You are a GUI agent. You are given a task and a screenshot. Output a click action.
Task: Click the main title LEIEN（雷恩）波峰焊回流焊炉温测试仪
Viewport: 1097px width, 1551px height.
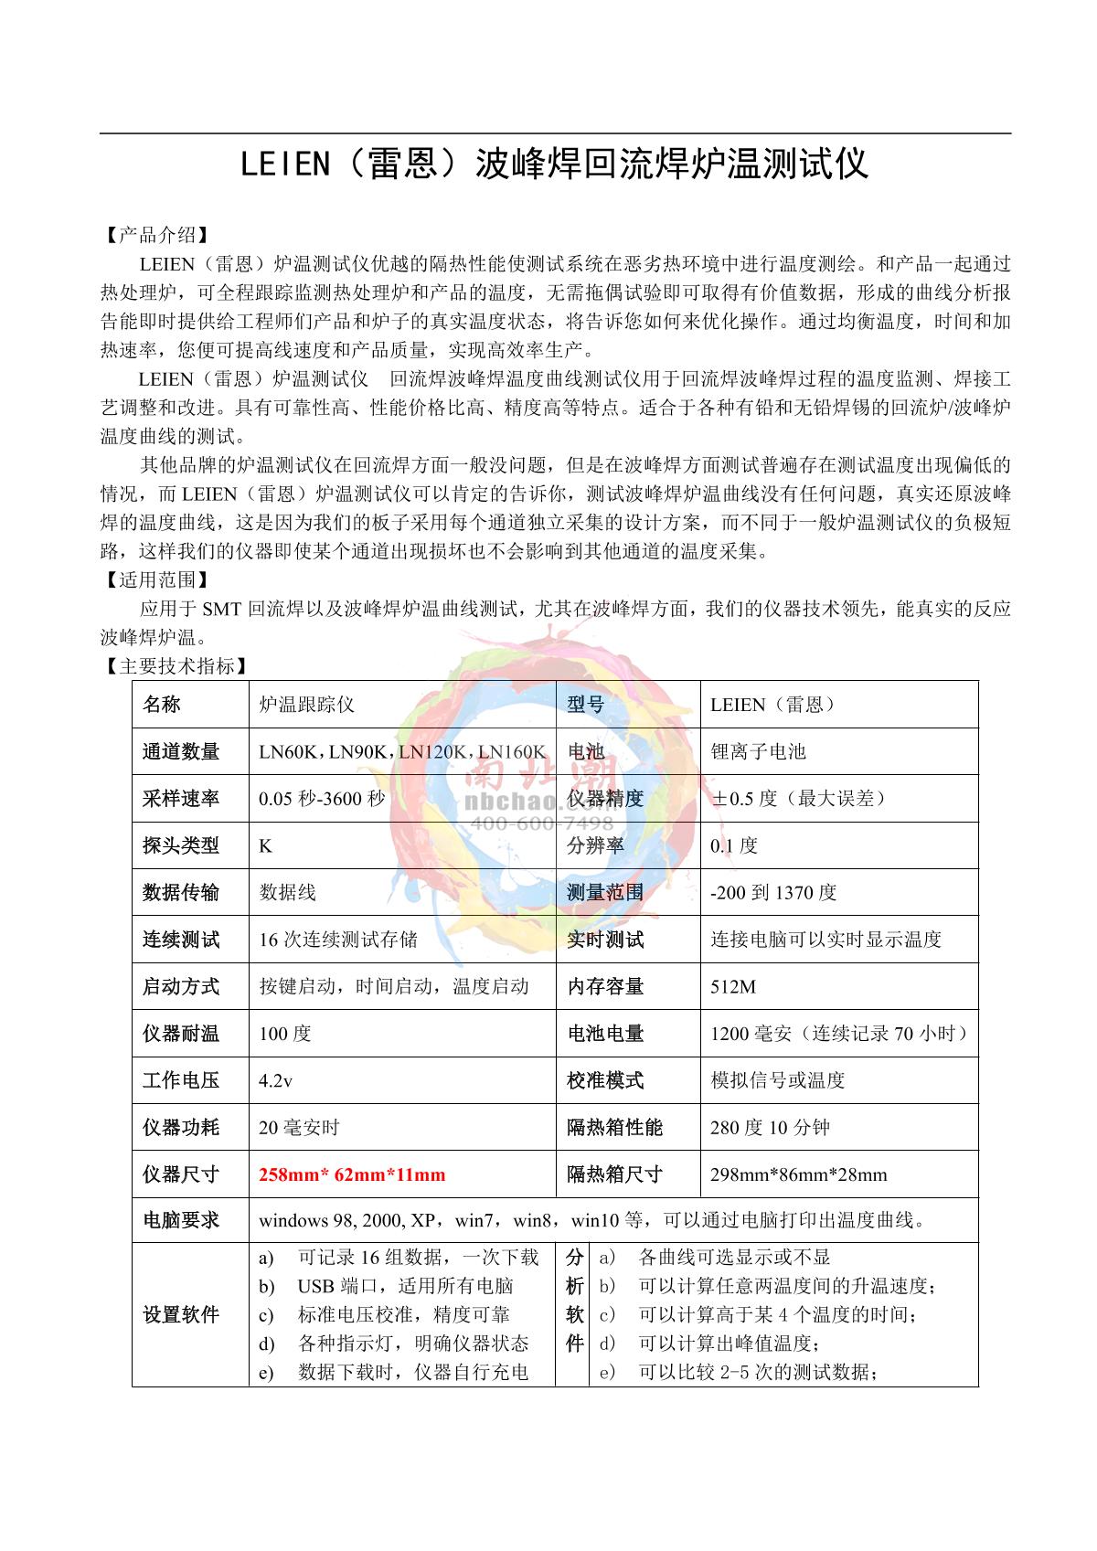click(554, 165)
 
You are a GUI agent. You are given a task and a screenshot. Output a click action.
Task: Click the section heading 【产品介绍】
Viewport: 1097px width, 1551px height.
click(157, 235)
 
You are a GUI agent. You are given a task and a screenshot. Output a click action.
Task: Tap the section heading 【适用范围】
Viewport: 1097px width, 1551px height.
click(157, 579)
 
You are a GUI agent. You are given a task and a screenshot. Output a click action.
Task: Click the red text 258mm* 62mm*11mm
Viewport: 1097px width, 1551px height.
click(352, 1174)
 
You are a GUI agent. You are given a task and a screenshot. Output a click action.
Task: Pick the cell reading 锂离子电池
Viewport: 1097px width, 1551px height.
click(758, 752)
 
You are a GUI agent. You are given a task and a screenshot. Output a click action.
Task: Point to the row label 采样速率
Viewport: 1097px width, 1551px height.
click(181, 799)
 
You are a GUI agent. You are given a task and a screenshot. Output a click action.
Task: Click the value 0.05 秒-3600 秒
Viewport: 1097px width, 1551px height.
click(322, 799)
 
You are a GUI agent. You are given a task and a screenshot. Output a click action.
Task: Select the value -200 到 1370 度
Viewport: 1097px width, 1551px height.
click(773, 893)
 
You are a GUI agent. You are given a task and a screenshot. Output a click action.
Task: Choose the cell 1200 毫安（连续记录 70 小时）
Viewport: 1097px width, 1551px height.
click(839, 1034)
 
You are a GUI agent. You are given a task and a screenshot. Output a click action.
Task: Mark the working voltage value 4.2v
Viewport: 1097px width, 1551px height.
click(275, 1080)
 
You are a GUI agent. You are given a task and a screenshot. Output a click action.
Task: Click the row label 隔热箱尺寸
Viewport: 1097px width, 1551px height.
click(614, 1174)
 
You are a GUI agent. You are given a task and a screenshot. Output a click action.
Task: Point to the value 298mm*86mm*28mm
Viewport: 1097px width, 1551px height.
click(798, 1174)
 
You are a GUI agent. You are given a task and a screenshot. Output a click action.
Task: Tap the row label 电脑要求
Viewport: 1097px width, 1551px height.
click(181, 1220)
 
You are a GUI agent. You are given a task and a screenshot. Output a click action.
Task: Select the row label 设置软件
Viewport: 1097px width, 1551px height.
click(181, 1314)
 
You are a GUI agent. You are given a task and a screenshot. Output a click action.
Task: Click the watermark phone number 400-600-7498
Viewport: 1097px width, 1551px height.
click(541, 823)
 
